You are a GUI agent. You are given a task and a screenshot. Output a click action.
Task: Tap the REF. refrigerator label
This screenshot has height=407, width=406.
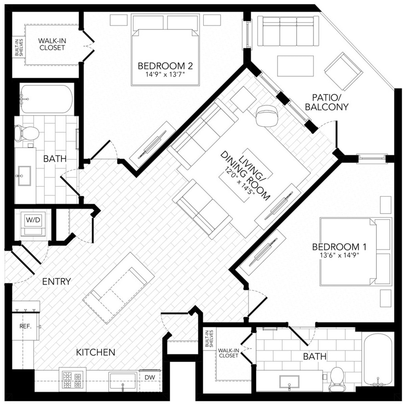tap(25, 326)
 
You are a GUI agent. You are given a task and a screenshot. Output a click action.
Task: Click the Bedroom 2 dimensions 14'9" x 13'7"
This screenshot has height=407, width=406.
tap(161, 75)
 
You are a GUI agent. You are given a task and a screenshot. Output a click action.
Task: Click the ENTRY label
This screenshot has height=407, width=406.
tap(56, 282)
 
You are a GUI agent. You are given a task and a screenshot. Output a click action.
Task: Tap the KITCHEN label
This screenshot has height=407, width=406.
tap(96, 353)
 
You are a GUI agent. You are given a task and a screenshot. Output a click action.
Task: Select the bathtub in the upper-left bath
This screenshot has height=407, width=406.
tap(46, 99)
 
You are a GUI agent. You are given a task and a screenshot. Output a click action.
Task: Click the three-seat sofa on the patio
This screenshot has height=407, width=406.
tap(288, 30)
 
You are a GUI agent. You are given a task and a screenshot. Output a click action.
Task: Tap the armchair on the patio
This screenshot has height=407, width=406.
tap(343, 71)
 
